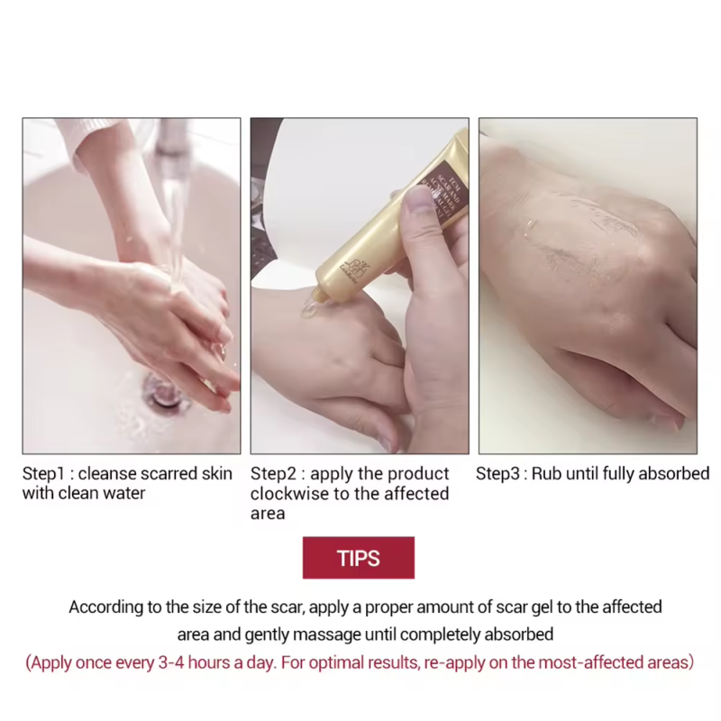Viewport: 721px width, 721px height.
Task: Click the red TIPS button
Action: [x=359, y=558]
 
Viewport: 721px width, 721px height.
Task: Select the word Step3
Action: [x=500, y=473]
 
